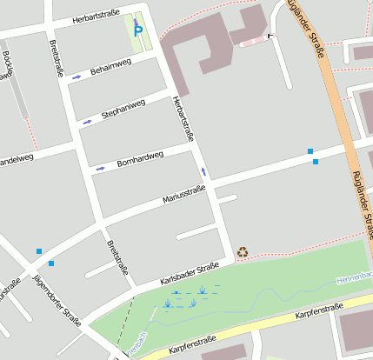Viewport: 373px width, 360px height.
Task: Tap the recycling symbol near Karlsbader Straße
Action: pyautogui.click(x=243, y=252)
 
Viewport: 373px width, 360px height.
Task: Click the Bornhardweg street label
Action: pyautogui.click(x=140, y=157)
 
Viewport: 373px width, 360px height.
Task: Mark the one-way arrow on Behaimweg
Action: pyautogui.click(x=77, y=77)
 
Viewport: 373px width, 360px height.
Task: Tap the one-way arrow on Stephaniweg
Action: pyautogui.click(x=86, y=122)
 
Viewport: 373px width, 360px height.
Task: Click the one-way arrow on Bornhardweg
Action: pyautogui.click(x=100, y=167)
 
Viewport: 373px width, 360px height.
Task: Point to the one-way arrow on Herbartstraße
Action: pyautogui.click(x=203, y=171)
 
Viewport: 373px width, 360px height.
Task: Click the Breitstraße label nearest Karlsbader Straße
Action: pyautogui.click(x=117, y=257)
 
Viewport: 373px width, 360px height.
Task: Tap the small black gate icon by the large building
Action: pyautogui.click(x=269, y=36)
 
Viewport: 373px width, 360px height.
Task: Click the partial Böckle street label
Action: pyautogui.click(x=8, y=65)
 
